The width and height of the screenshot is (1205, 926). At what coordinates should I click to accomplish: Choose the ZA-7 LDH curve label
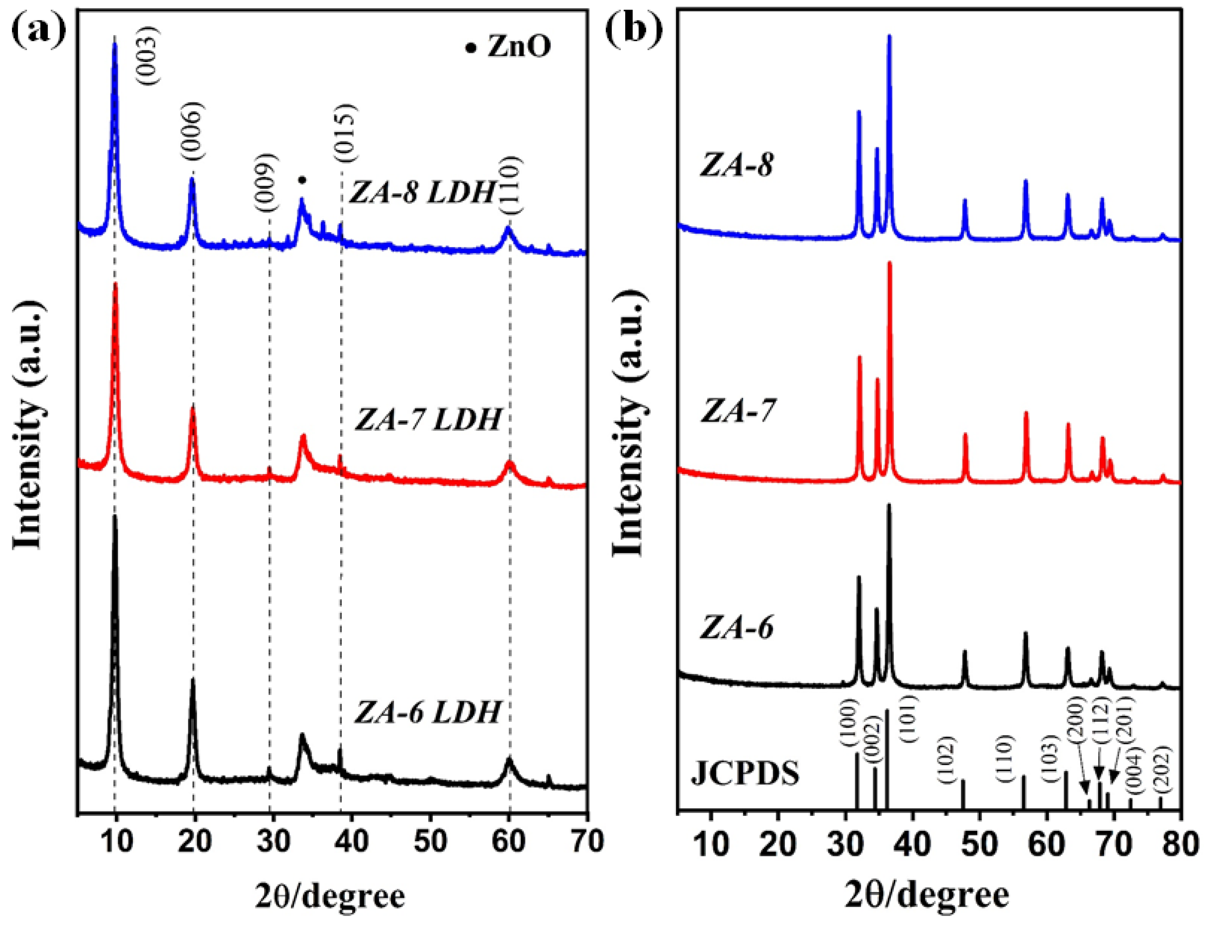click(427, 420)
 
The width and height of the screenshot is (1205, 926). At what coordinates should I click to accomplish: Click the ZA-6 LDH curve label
click(427, 711)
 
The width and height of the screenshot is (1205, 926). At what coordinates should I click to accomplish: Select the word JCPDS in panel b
click(744, 774)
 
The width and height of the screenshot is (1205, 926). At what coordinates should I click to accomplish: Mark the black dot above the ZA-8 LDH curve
click(301, 180)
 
